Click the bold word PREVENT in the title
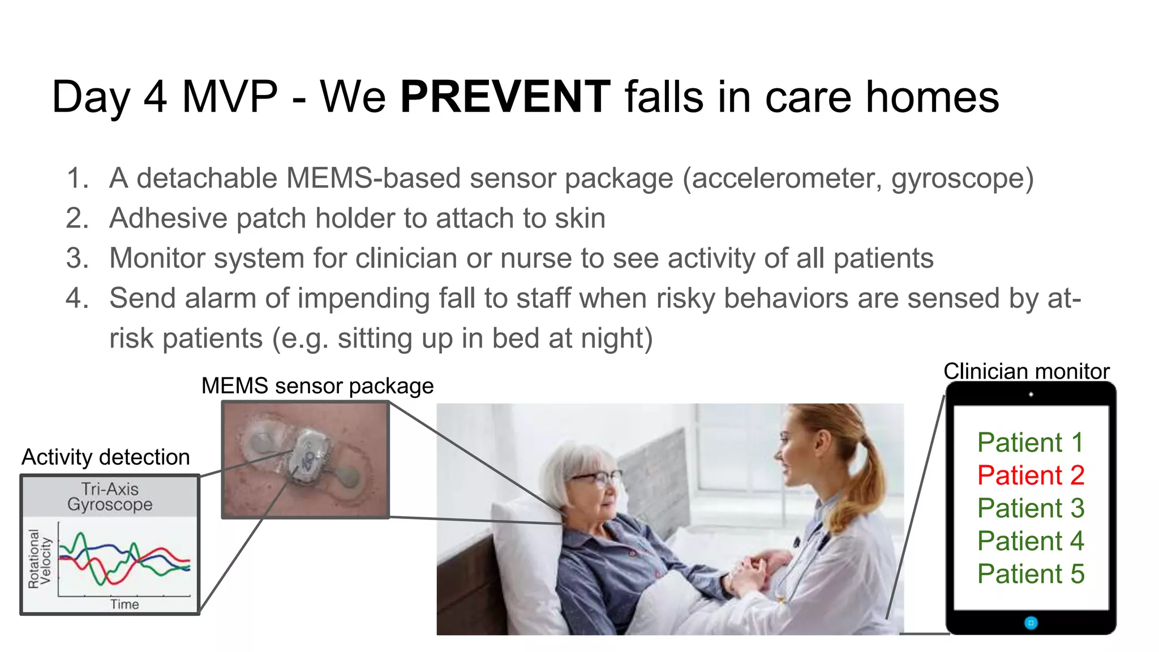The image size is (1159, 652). point(505,97)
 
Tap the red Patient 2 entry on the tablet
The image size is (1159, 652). point(1031,475)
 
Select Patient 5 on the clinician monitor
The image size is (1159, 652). point(1031,574)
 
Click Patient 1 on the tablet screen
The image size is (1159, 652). point(1030,443)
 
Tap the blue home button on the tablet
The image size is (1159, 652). point(1031,623)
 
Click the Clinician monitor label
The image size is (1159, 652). point(1026,371)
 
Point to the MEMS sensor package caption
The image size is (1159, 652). point(317,386)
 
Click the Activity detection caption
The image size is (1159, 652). point(106,457)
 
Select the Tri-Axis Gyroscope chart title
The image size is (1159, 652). point(110,496)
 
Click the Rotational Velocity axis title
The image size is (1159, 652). point(39,559)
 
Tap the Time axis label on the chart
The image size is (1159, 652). point(125,604)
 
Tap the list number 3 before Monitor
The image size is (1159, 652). point(77,259)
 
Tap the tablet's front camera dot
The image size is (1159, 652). point(1031,394)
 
